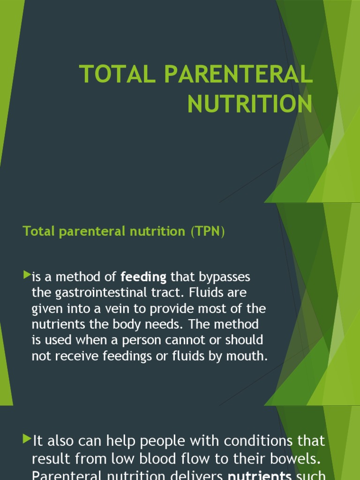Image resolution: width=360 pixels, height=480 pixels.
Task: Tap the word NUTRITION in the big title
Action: (x=250, y=104)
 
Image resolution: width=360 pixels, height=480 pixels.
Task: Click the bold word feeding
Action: (x=143, y=277)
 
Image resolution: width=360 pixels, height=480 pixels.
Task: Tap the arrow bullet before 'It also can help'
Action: (x=26, y=439)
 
